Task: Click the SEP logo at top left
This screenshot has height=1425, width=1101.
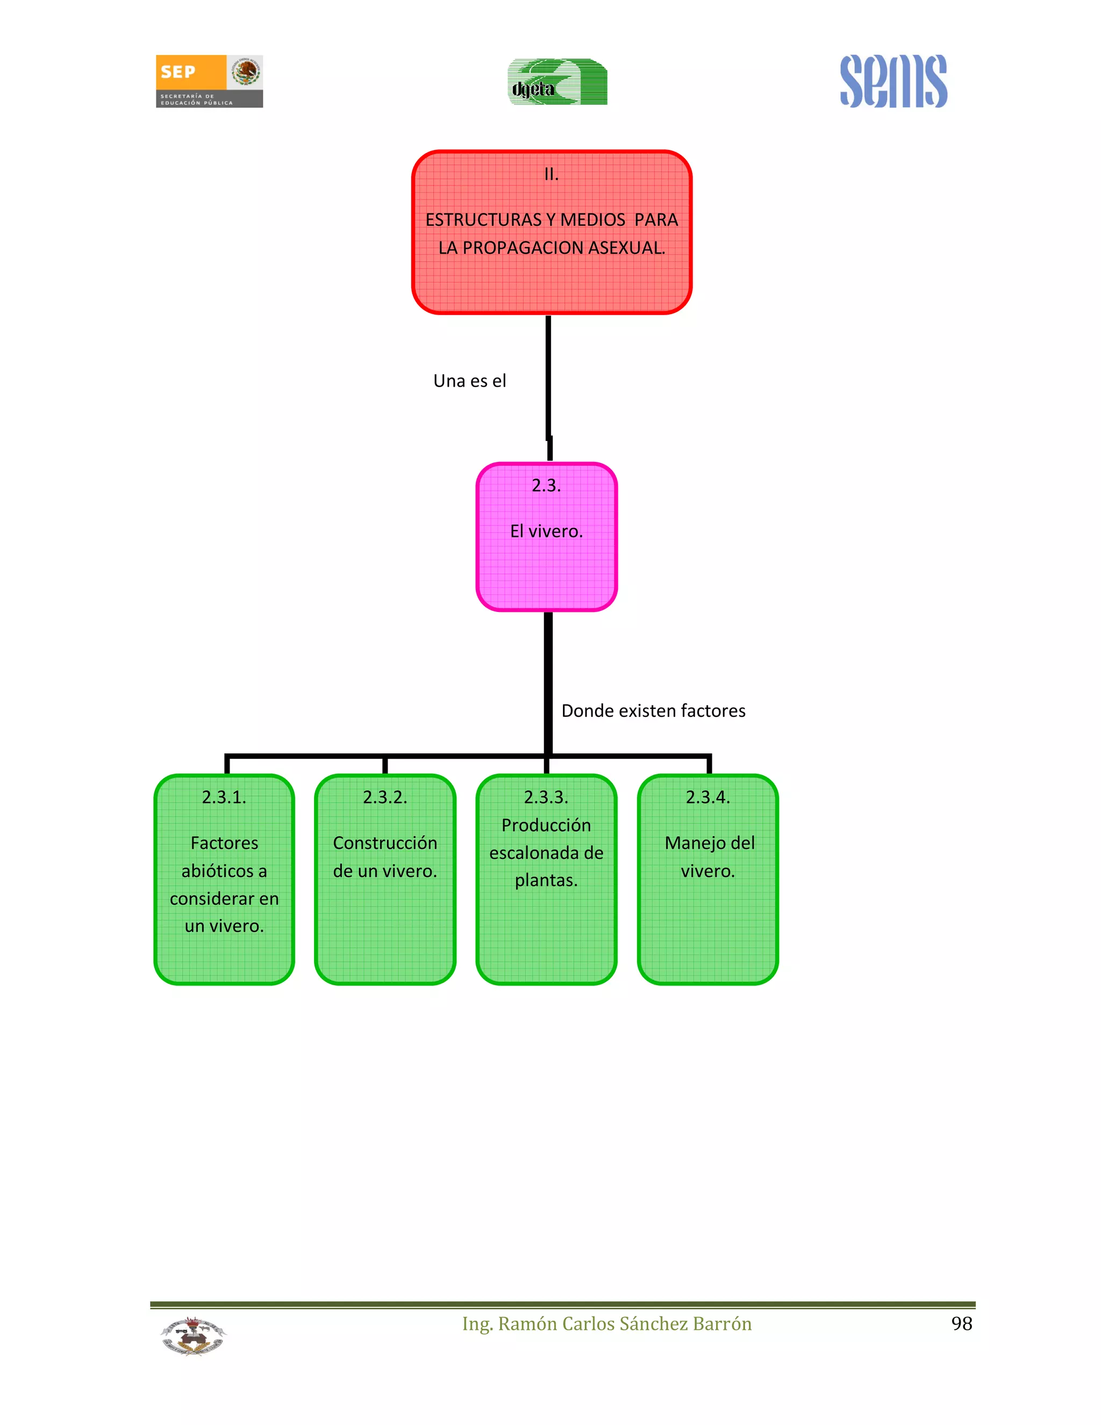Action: (x=209, y=81)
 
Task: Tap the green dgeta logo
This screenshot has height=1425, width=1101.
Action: (x=557, y=82)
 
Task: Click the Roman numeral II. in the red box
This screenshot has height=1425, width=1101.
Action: (x=551, y=174)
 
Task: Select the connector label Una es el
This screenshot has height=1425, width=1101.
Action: (x=470, y=381)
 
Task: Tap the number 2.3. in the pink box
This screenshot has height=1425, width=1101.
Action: (x=546, y=486)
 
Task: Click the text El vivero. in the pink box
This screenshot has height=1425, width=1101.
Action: (x=546, y=531)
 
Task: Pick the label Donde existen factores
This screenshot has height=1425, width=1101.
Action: (x=653, y=710)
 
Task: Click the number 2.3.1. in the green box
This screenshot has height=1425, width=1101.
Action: (x=224, y=797)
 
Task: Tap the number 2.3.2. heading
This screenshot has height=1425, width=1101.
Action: (x=385, y=797)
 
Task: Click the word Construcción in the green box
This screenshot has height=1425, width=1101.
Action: (x=385, y=843)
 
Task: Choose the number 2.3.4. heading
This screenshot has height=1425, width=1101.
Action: (x=707, y=797)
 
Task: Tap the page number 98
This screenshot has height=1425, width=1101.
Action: (x=961, y=1323)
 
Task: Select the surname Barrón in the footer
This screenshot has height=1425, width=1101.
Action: (x=722, y=1323)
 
